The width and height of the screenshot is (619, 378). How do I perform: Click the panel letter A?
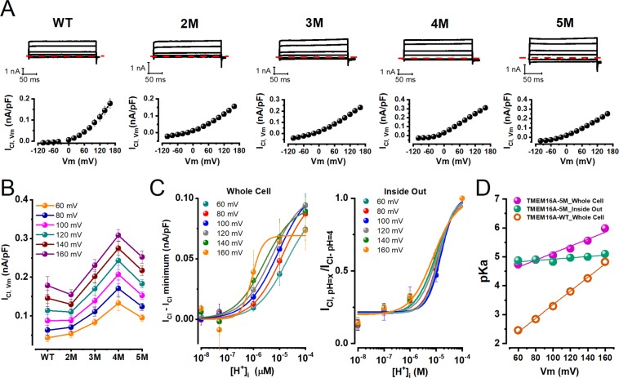click(x=11, y=10)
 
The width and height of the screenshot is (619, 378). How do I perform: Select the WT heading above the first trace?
click(x=65, y=20)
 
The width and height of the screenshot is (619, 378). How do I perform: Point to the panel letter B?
click(x=10, y=193)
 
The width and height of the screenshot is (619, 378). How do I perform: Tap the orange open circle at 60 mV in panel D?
click(x=517, y=330)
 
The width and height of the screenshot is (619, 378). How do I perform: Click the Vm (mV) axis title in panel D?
click(x=560, y=367)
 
